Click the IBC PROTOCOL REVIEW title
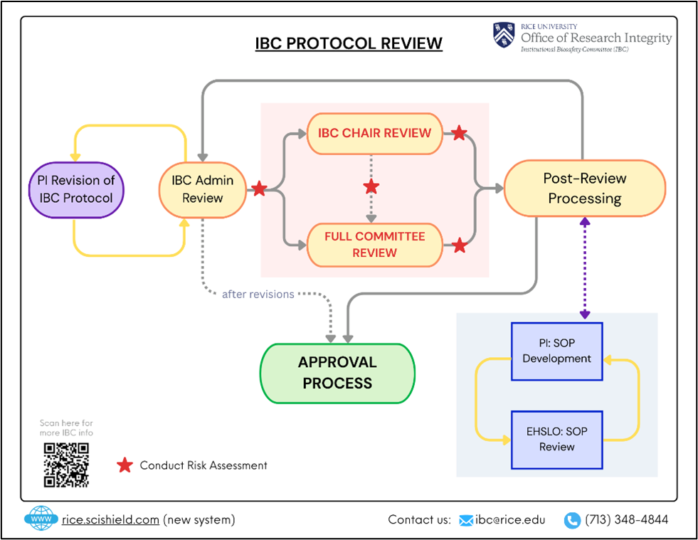[x=349, y=43]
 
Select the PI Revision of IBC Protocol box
[x=75, y=189]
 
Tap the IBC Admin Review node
[x=203, y=189]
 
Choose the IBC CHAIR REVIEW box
[x=374, y=133]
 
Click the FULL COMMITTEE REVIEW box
[x=374, y=245]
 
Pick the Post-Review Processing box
[x=584, y=189]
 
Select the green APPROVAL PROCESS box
[x=337, y=373]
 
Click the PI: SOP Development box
[x=556, y=351]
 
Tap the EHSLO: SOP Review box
[x=556, y=439]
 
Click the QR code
[x=66, y=465]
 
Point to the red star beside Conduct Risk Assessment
[x=125, y=465]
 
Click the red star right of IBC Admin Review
[x=260, y=189]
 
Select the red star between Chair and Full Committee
[x=371, y=187]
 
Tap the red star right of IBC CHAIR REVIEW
[x=460, y=133]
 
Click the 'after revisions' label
[x=258, y=294]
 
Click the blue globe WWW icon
[x=41, y=519]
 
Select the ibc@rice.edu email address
[x=510, y=520]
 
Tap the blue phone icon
[x=572, y=520]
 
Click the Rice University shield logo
[x=504, y=36]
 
